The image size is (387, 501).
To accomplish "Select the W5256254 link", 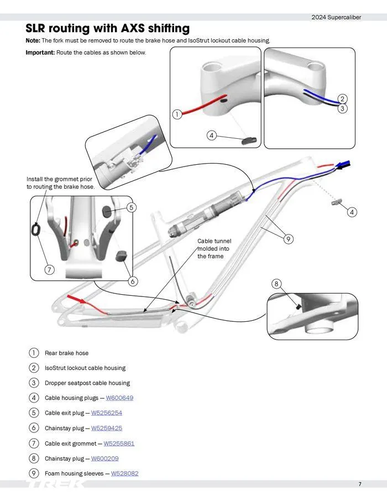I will [x=107, y=413].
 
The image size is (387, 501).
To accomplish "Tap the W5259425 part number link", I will [x=107, y=428].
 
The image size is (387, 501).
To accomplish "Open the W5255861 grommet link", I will [x=119, y=443].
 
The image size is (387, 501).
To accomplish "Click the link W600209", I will [x=104, y=458].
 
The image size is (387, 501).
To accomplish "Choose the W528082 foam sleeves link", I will [x=124, y=473].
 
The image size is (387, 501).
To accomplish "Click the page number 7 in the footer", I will [x=359, y=484].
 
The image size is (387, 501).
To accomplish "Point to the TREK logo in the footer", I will [x=55, y=485].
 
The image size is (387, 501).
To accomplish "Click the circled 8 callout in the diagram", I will [x=276, y=284].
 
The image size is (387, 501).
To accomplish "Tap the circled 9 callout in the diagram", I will [x=288, y=239].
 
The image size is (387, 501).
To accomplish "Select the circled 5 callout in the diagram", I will [x=131, y=207].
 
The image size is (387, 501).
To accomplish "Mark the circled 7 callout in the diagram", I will [x=50, y=270].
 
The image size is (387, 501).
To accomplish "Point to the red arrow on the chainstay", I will [x=77, y=300].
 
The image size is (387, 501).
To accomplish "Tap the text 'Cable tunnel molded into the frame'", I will [x=214, y=249].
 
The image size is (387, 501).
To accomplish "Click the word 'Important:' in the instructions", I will [x=40, y=53].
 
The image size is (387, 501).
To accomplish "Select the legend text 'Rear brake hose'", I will [x=66, y=353].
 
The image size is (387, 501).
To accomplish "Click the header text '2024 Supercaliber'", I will [x=336, y=17].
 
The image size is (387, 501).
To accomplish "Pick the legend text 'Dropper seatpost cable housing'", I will [x=87, y=383].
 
